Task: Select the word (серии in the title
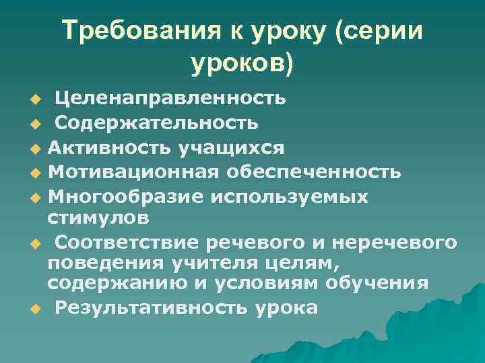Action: tap(383, 31)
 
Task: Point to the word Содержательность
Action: tap(156, 123)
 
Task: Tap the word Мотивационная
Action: tap(132, 172)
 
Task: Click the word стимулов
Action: tap(98, 218)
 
